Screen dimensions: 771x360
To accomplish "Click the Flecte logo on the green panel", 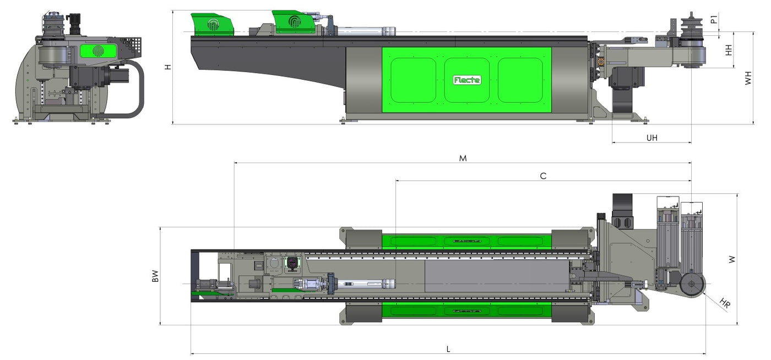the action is pyautogui.click(x=467, y=80).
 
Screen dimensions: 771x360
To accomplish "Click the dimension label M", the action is pyautogui.click(x=463, y=159).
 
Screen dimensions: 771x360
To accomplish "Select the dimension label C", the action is pyautogui.click(x=543, y=176).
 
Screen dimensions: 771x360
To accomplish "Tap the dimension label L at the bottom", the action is pyautogui.click(x=448, y=349).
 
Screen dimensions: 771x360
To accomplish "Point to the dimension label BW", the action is pyautogui.click(x=155, y=276).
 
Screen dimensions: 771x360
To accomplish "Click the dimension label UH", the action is pyautogui.click(x=652, y=138).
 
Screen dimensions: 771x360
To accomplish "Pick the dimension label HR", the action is pyautogui.click(x=725, y=303).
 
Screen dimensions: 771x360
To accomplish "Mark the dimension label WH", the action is pyautogui.click(x=748, y=78).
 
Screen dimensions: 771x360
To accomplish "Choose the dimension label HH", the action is pyautogui.click(x=729, y=50).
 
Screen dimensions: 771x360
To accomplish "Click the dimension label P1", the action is pyautogui.click(x=714, y=19).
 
